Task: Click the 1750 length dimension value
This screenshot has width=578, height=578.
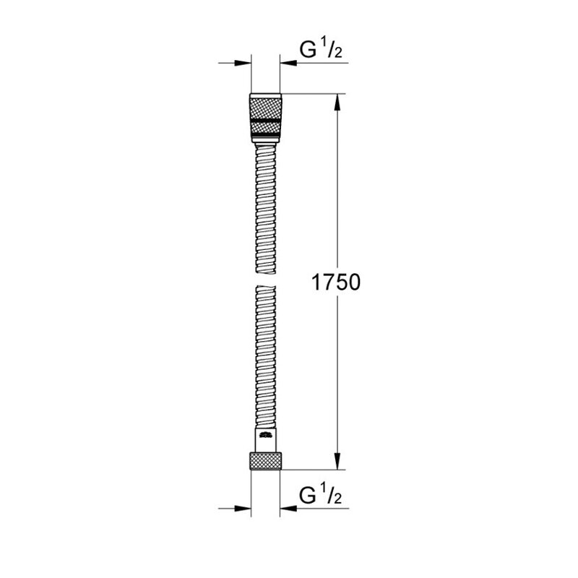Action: (336, 282)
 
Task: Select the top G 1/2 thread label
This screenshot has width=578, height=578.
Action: (321, 50)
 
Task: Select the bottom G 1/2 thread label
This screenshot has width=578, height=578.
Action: (321, 495)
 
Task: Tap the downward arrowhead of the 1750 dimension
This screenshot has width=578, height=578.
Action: (337, 461)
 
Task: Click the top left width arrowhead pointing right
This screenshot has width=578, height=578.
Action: (243, 63)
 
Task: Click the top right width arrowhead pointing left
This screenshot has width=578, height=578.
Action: (288, 63)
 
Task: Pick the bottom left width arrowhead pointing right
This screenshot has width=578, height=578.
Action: (243, 509)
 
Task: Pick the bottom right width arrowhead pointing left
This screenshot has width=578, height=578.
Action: (288, 509)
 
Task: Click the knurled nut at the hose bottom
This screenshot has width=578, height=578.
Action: (265, 461)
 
